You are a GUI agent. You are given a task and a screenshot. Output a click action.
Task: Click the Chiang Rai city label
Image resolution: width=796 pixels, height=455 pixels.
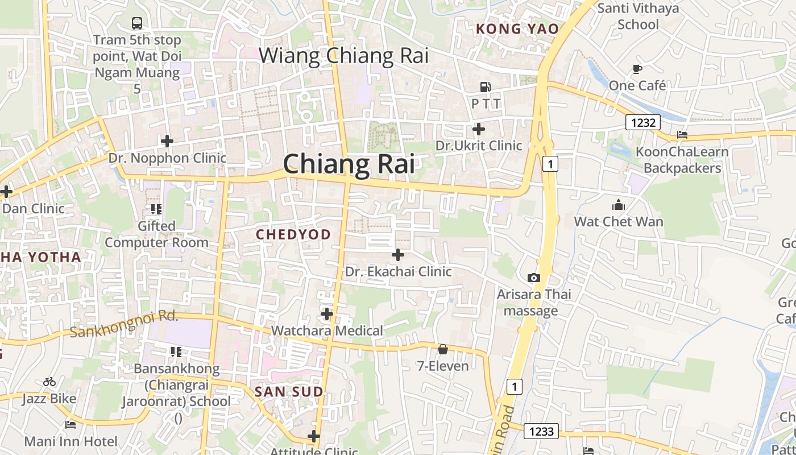[x=349, y=164]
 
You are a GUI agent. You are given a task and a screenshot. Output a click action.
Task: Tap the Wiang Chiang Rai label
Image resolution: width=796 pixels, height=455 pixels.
[x=343, y=56]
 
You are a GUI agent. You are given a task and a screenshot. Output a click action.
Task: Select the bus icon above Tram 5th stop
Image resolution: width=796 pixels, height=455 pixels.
[x=136, y=23]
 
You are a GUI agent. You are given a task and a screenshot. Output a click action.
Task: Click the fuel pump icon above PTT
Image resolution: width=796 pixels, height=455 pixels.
[x=486, y=87]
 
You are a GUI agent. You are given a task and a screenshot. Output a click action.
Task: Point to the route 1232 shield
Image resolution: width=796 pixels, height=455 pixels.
[x=644, y=122]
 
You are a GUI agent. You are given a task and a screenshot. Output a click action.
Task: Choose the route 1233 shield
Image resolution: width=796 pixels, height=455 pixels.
[x=541, y=431]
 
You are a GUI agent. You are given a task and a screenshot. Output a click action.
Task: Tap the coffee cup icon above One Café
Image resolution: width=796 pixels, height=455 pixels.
[x=637, y=69]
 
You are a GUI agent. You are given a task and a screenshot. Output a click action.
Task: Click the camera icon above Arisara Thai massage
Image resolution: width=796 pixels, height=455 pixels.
[x=533, y=278]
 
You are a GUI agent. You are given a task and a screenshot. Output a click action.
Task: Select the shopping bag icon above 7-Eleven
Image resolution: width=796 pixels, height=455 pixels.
[x=443, y=349]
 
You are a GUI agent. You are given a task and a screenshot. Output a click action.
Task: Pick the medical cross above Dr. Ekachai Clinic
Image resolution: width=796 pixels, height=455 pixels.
[x=398, y=255]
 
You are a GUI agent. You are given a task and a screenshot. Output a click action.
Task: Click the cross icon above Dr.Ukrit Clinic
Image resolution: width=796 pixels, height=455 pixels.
[x=479, y=129]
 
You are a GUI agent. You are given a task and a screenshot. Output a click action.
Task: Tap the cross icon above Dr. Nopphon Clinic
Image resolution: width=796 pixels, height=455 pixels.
[x=167, y=140]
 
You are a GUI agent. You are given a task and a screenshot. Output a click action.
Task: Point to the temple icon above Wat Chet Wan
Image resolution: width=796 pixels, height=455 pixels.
[x=619, y=205]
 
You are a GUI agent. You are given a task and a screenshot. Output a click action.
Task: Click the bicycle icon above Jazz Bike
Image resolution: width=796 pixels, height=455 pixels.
[x=49, y=382]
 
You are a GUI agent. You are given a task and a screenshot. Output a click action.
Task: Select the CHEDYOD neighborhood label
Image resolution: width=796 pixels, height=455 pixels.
[x=293, y=234]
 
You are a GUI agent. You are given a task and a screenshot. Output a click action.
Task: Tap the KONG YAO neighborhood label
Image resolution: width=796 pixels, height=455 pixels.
[x=517, y=28]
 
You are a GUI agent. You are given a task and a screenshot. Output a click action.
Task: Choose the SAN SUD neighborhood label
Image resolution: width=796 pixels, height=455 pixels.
[x=289, y=391]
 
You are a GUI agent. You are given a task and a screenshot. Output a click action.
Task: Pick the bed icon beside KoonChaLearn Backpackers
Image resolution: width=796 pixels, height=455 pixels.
[x=682, y=135]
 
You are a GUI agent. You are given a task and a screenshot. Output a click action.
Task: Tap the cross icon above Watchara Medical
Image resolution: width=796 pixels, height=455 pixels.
[x=327, y=314]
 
